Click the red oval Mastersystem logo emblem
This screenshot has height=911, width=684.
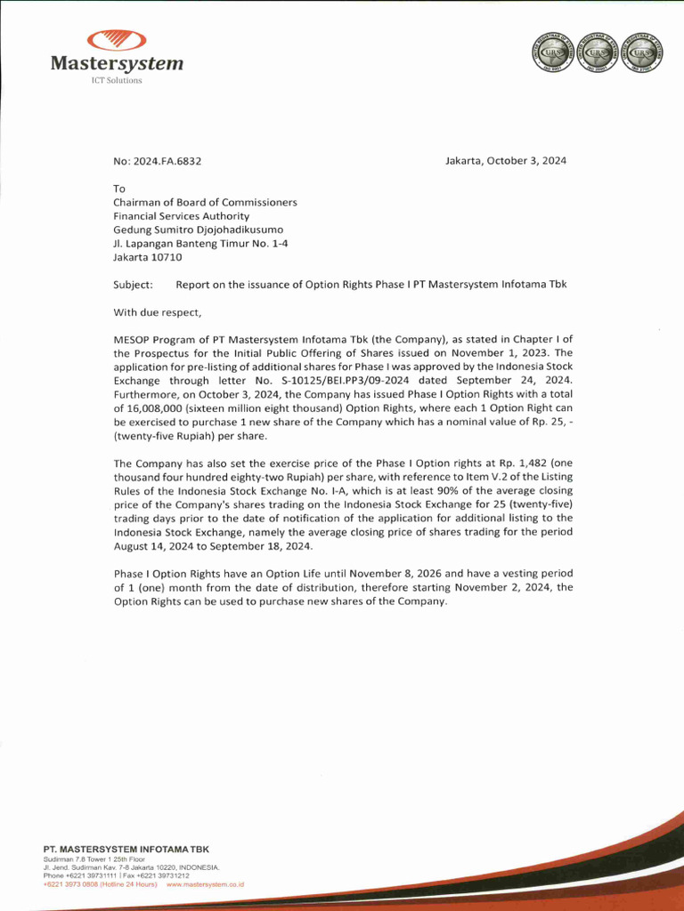(117, 40)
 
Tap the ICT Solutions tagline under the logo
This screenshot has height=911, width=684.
(117, 81)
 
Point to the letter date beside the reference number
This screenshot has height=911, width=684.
(506, 160)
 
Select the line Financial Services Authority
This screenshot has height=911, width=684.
(181, 216)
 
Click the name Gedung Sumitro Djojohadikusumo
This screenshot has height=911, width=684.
(198, 230)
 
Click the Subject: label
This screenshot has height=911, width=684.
(133, 285)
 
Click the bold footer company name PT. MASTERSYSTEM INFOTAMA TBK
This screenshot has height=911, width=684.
(126, 850)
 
